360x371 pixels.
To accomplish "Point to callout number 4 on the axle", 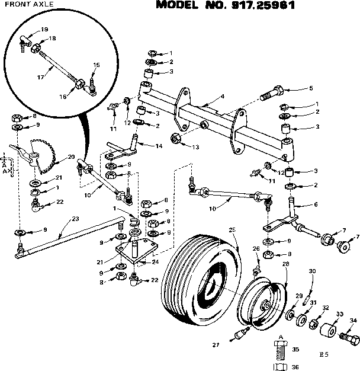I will (x=221, y=96).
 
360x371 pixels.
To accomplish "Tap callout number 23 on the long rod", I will (x=75, y=218).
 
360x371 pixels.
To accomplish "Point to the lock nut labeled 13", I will (x=176, y=139).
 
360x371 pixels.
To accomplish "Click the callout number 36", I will (x=295, y=367).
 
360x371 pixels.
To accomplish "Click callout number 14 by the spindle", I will (x=158, y=146).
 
